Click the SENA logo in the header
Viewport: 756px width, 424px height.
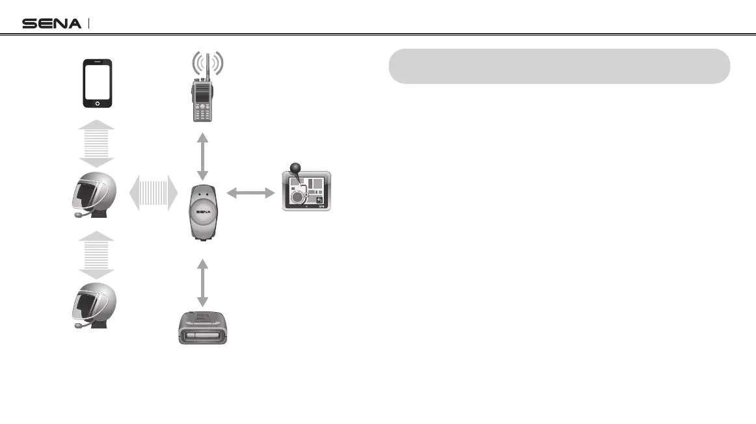[52, 23]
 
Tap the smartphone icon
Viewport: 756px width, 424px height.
[98, 84]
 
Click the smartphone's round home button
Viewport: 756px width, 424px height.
[98, 103]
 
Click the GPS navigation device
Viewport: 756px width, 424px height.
[306, 191]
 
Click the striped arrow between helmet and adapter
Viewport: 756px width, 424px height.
[154, 194]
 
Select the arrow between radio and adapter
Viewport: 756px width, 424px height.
[202, 156]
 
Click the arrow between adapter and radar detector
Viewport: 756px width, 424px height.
[202, 282]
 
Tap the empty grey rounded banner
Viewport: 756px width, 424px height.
[559, 66]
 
